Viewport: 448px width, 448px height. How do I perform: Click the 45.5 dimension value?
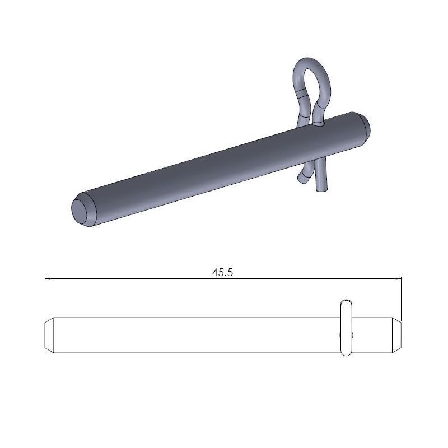[223, 272]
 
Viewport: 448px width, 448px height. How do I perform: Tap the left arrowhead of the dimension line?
[48, 278]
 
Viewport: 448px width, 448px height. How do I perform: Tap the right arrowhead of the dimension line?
[400, 278]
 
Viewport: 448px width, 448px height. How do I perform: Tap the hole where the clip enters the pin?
[320, 125]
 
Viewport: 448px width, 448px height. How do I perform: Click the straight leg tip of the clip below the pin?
[323, 188]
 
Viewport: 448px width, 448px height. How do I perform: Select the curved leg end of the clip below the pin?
[303, 178]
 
